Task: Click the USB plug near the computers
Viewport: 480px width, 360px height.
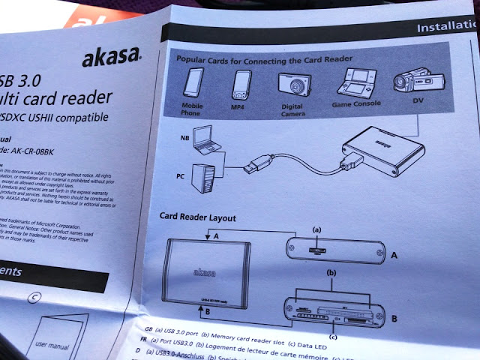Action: coord(260,164)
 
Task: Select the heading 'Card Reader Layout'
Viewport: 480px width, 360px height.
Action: coord(199,217)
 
